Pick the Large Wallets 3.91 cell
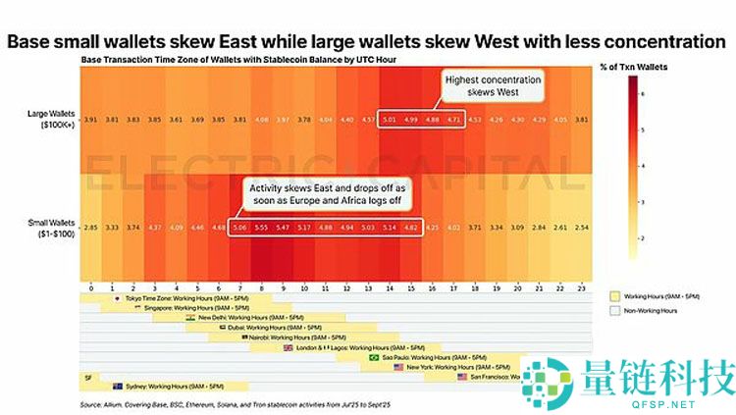point(90,120)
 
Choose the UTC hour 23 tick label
point(583,288)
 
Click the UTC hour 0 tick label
point(90,288)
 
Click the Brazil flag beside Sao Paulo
point(372,357)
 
